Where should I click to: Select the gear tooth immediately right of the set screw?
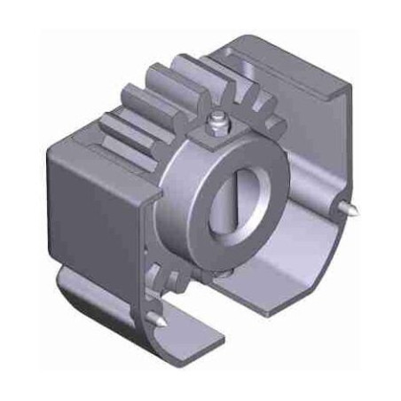tap(253, 115)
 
